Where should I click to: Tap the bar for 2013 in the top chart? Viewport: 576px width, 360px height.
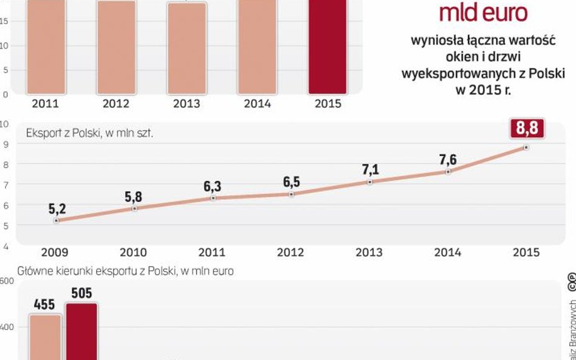tap(187, 49)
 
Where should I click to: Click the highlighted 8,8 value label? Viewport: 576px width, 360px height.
tap(527, 129)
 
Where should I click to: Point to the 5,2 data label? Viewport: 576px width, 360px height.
tap(57, 209)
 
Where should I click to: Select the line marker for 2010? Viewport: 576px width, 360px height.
tap(135, 208)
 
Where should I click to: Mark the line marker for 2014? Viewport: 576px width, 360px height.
tap(448, 172)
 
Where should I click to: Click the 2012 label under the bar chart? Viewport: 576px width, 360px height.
tap(116, 104)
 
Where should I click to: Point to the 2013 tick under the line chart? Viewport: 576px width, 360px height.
tap(369, 253)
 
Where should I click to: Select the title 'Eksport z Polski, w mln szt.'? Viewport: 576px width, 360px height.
tap(89, 132)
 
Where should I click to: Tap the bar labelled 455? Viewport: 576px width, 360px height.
tap(46, 337)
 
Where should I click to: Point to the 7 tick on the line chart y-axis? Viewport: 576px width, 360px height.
tap(5, 185)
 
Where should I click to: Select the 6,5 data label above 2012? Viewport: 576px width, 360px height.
tap(292, 182)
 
